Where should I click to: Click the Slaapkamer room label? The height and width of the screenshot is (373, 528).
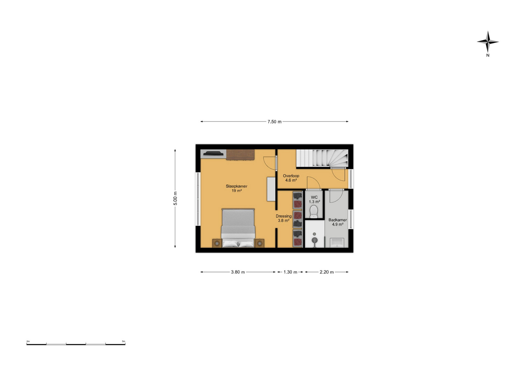click(236, 186)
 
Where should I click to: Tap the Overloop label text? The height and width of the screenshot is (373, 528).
click(291, 176)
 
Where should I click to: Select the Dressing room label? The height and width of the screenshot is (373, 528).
click(284, 216)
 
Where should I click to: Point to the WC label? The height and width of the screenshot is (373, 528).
click(314, 197)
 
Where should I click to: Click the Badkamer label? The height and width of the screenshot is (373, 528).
click(337, 220)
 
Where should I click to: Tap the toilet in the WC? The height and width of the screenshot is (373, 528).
click(314, 212)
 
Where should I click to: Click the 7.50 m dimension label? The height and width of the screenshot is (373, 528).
click(274, 122)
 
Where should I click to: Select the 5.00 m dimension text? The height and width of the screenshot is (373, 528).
click(175, 198)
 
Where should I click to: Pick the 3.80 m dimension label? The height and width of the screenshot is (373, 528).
click(238, 272)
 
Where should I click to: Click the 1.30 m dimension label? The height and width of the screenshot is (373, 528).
click(290, 272)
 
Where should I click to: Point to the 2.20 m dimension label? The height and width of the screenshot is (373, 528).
click(327, 272)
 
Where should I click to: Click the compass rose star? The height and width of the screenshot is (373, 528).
click(488, 42)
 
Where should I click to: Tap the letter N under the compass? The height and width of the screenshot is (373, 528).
click(488, 55)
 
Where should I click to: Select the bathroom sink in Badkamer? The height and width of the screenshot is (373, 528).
click(337, 243)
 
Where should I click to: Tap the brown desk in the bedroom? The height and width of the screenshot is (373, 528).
click(240, 154)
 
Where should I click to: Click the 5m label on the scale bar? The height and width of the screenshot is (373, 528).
click(124, 341)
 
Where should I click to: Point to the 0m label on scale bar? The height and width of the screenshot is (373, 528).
click(28, 341)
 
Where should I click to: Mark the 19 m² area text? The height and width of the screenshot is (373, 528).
click(237, 191)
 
